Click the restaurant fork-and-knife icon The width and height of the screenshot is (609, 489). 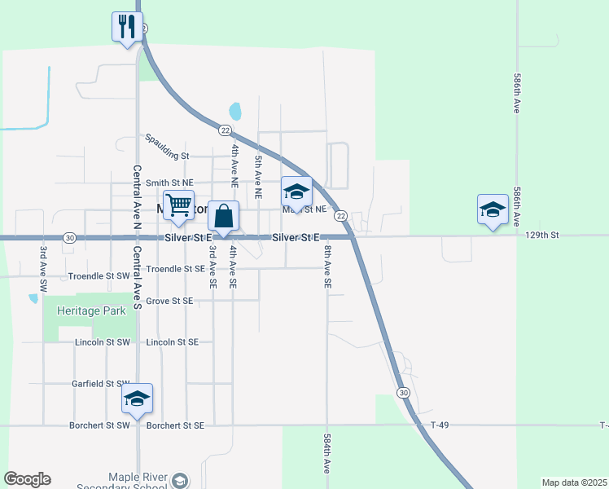[126, 27]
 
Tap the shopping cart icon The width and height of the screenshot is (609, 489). [178, 205]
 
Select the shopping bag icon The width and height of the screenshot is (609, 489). [224, 217]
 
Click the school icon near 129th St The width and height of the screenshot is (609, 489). [493, 209]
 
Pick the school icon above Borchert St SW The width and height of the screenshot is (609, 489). [138, 398]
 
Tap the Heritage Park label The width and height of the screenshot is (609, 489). [91, 311]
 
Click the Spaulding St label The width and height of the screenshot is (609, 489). [167, 156]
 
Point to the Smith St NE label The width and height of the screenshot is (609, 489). [169, 183]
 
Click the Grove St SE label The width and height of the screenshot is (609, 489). [169, 301]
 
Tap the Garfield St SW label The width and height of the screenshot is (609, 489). [101, 383]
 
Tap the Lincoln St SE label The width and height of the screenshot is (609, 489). [172, 342]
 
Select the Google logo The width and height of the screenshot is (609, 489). [27, 479]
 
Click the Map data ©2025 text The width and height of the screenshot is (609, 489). [573, 482]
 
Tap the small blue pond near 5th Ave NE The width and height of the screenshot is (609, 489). [235, 110]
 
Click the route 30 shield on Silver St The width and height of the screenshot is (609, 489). [70, 237]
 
